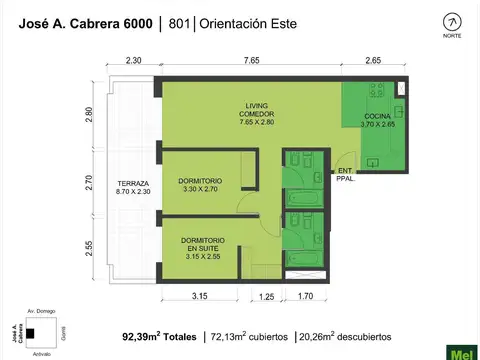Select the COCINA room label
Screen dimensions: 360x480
pyautogui.click(x=378, y=120)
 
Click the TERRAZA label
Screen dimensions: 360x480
pyautogui.click(x=132, y=188)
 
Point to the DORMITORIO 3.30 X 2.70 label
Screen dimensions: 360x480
pyautogui.click(x=203, y=185)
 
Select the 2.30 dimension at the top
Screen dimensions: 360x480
pyautogui.click(x=134, y=61)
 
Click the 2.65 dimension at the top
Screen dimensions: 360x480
pyautogui.click(x=374, y=61)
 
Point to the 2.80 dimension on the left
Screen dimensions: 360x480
pyautogui.click(x=90, y=115)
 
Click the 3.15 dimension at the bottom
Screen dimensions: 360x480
pyautogui.click(x=199, y=296)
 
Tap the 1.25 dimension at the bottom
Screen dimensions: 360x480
pyautogui.click(x=266, y=296)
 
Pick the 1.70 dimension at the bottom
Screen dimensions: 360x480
pyautogui.click(x=305, y=296)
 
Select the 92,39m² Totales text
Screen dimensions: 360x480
pyautogui.click(x=159, y=337)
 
